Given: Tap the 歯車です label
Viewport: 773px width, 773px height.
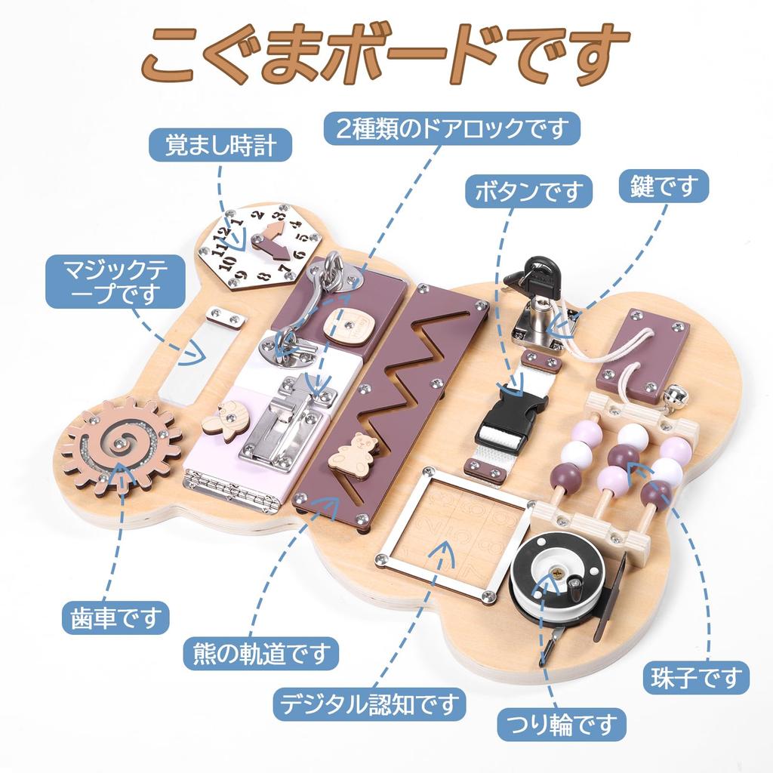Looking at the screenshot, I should click(113, 620).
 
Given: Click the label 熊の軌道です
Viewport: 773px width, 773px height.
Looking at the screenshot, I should click(261, 650).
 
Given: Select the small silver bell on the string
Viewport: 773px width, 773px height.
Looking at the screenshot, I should click(669, 396).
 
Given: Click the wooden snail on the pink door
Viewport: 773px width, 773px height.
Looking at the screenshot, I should click(227, 420).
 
